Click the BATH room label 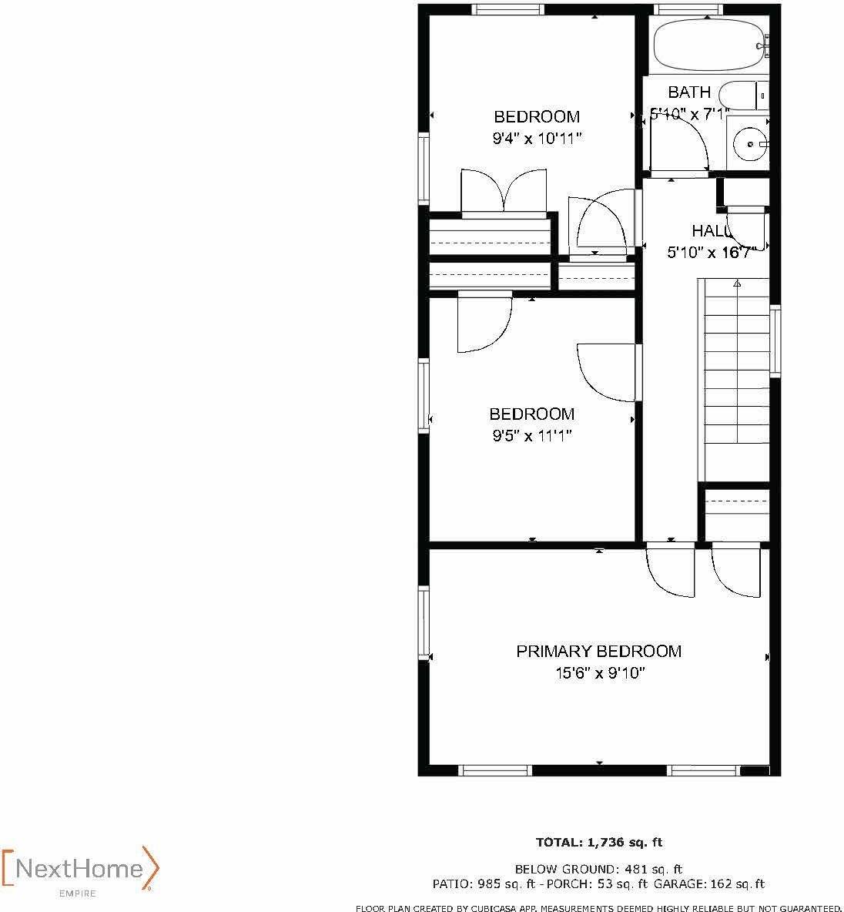tap(689, 92)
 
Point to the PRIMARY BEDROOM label tap(598, 652)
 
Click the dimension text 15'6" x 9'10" tap(600, 673)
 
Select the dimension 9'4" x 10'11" tap(537, 139)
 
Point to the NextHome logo tap(80, 869)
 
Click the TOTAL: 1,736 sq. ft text tap(599, 843)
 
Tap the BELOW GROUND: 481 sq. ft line tap(598, 869)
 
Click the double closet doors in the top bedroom tap(504, 191)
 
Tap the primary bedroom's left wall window tap(424, 622)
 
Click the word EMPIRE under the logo tap(78, 894)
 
